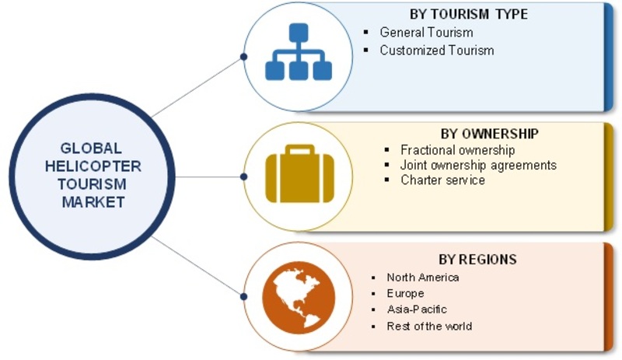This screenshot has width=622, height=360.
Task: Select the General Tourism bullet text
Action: click(x=426, y=33)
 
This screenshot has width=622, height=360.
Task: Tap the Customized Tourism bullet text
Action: click(x=436, y=51)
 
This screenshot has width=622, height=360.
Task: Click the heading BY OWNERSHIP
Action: click(x=478, y=133)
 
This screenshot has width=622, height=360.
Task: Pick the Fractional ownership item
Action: click(x=458, y=149)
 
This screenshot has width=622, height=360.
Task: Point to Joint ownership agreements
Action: click(x=478, y=165)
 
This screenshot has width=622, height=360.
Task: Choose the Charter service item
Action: click(x=442, y=180)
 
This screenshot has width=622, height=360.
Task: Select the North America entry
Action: click(x=423, y=277)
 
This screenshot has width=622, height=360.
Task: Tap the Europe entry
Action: click(x=405, y=294)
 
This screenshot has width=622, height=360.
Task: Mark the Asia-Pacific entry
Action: click(x=417, y=310)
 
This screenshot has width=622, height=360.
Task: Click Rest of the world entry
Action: click(x=429, y=327)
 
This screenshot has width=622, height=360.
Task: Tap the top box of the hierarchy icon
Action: click(x=298, y=33)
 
